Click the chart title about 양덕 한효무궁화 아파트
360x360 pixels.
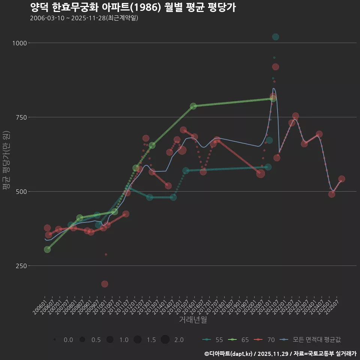click(x=133, y=7)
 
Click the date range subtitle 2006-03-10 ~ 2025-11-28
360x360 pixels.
click(x=84, y=18)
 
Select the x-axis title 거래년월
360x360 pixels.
click(x=193, y=319)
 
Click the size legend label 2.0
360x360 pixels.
click(x=179, y=340)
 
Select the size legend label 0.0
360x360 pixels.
click(x=68, y=340)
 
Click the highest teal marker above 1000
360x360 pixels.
click(x=276, y=37)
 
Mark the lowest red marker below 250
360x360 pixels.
click(x=105, y=284)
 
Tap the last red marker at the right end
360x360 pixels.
click(x=342, y=179)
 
